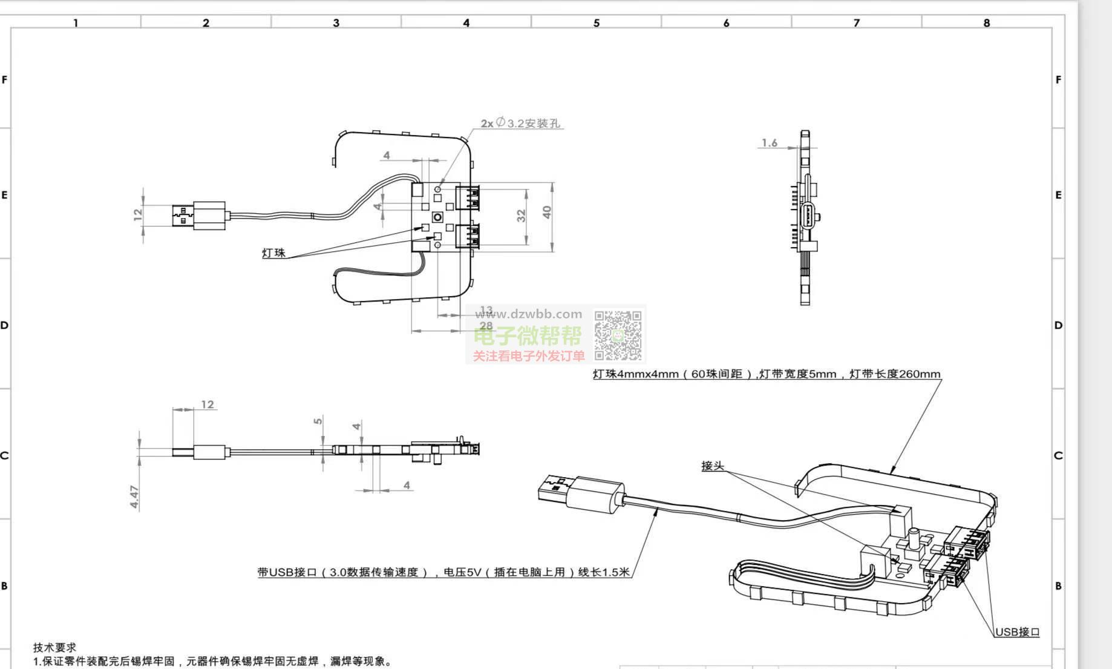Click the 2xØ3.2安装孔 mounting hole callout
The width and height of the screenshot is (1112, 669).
pyautogui.click(x=520, y=124)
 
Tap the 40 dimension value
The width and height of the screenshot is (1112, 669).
pyautogui.click(x=547, y=213)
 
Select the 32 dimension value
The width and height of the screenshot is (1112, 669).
pyautogui.click(x=522, y=216)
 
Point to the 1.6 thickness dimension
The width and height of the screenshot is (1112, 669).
pyautogui.click(x=769, y=143)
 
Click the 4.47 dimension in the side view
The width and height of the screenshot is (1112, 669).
pyautogui.click(x=134, y=496)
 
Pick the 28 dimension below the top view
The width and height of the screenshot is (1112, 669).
pyautogui.click(x=486, y=326)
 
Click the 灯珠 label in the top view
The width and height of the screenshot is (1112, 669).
pyautogui.click(x=273, y=253)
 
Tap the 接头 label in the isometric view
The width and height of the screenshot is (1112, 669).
pyautogui.click(x=712, y=466)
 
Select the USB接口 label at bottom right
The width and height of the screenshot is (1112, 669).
pyautogui.click(x=1017, y=632)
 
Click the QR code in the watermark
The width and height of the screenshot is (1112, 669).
pyautogui.click(x=618, y=335)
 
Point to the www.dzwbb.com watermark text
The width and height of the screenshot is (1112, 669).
pyautogui.click(x=528, y=314)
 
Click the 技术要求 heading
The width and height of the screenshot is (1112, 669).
pyautogui.click(x=54, y=647)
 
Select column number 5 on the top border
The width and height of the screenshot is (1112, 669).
pyautogui.click(x=596, y=23)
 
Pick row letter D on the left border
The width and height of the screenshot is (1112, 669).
pyautogui.click(x=5, y=325)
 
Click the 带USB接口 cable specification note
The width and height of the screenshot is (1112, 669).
pyautogui.click(x=443, y=572)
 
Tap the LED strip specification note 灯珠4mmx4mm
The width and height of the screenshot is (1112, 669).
pyautogui.click(x=766, y=374)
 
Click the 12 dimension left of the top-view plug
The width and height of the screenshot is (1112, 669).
pyautogui.click(x=137, y=214)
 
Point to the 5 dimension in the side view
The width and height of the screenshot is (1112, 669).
pyautogui.click(x=318, y=421)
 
